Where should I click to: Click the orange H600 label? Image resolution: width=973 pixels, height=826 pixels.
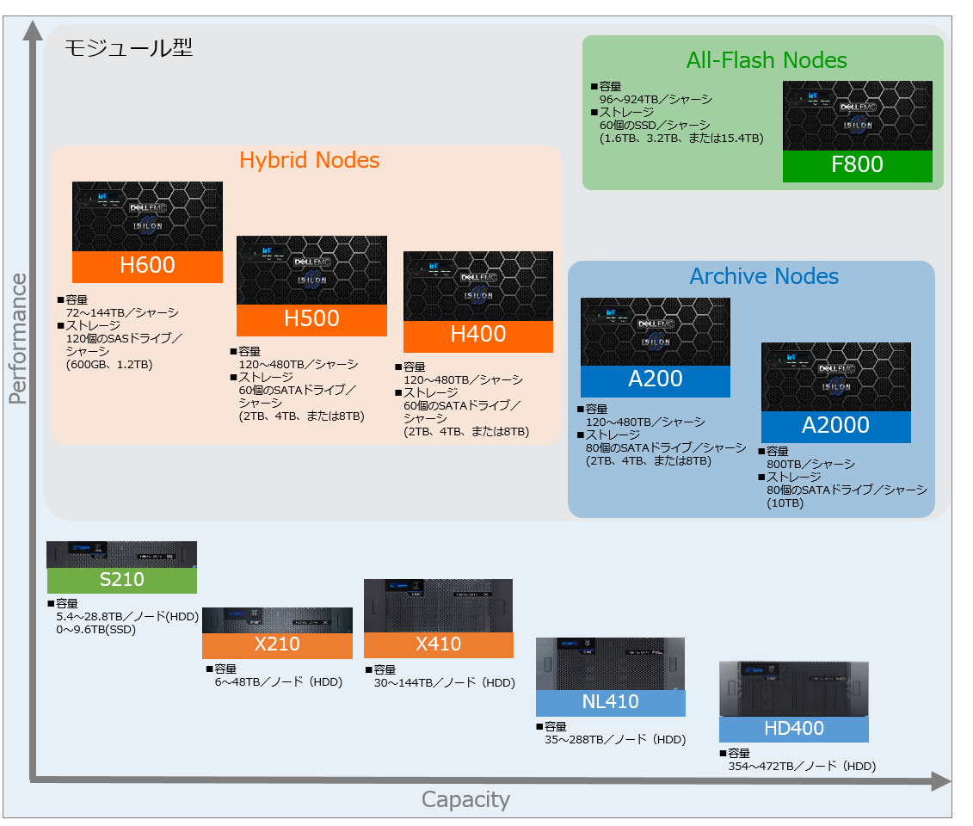pos(147,266)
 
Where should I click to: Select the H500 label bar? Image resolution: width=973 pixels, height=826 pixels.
pos(311,319)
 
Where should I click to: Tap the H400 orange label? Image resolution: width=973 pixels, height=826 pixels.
pos(477,336)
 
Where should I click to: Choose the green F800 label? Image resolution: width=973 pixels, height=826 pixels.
pos(857,166)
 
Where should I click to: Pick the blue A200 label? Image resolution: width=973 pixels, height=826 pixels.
pos(656,380)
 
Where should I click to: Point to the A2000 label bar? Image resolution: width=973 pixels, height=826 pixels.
pos(836,427)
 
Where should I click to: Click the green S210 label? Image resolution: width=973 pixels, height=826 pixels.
pos(121,580)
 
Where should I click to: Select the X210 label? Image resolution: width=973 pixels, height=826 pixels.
pos(277,644)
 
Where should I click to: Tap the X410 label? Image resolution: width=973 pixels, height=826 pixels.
pos(438,644)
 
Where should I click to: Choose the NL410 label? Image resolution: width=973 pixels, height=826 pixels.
pos(611,702)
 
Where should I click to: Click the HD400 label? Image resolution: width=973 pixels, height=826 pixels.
pos(794,729)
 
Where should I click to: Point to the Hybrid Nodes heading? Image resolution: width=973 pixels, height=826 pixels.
pos(309,160)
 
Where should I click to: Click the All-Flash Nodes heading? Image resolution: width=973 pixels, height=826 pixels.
pos(767,60)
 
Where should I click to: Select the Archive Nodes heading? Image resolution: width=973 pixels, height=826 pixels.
pos(764,276)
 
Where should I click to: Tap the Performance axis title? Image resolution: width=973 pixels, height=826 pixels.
pos(18,338)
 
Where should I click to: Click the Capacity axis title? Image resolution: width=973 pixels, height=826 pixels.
pos(465,799)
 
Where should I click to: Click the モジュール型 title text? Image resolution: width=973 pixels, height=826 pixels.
pos(128,47)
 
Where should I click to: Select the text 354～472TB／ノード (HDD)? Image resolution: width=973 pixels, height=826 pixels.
pos(802,767)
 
